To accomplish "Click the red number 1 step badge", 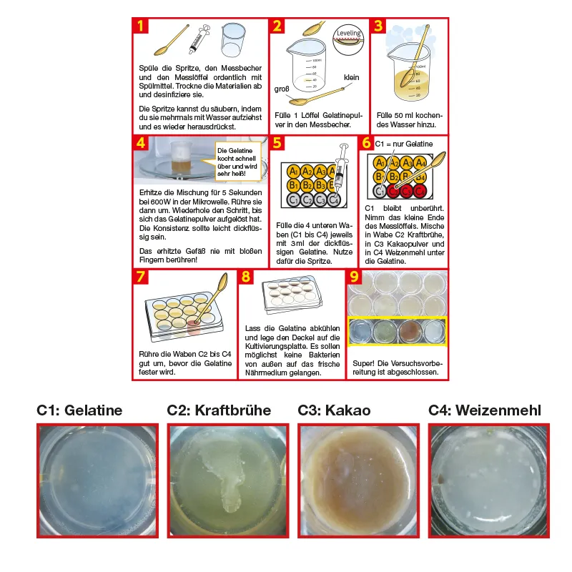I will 142,26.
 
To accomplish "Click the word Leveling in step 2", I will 348,33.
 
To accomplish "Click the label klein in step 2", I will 351,77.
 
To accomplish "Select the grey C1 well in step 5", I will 292,200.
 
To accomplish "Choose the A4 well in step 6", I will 421,163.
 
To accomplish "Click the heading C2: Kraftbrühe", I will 220,410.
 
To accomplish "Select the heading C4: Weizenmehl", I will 484,410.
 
